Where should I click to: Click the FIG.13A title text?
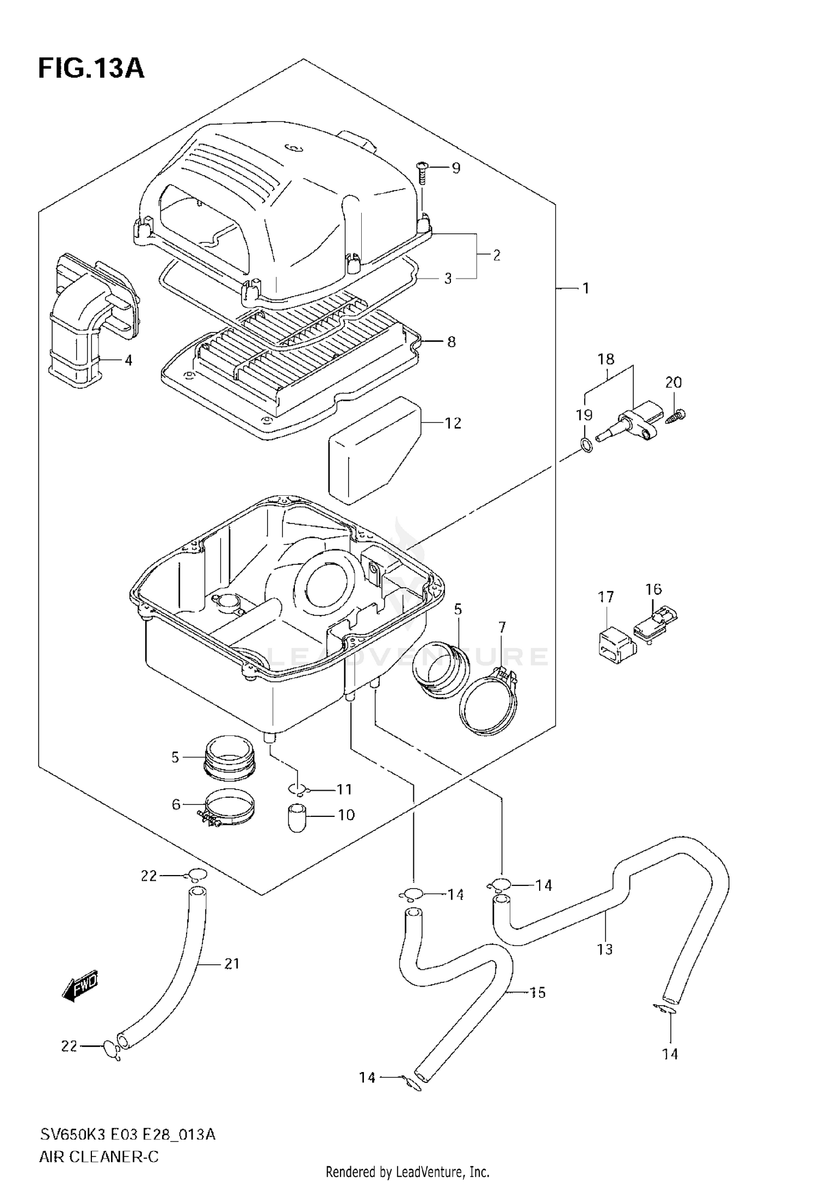coord(91,69)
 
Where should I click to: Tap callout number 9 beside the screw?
coord(456,168)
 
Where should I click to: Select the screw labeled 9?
coord(422,173)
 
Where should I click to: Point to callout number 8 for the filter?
coord(452,342)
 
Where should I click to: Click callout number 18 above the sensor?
coord(606,359)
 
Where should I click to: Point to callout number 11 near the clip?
coord(344,789)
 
